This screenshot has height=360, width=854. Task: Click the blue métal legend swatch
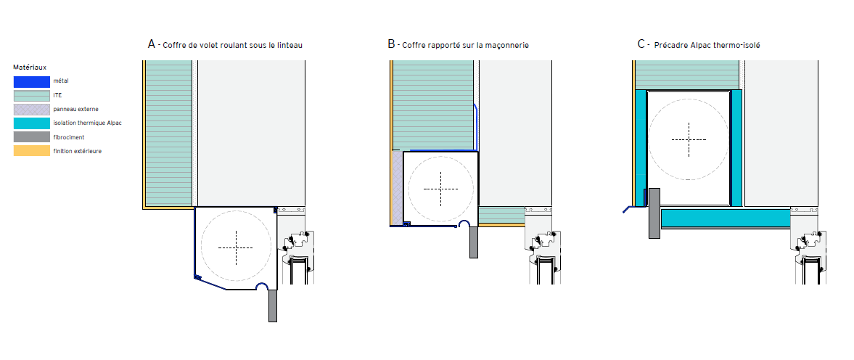32,81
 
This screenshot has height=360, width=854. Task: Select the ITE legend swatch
32,95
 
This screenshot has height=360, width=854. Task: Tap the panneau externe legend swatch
32,110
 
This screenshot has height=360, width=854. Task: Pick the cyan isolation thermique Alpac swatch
32,123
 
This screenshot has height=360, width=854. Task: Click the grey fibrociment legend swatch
32,137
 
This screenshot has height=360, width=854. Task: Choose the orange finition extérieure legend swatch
32,151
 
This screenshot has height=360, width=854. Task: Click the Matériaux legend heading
30,67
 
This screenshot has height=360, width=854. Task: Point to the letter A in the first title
152,44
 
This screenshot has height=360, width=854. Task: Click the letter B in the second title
391,44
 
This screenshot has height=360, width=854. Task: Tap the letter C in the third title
641,44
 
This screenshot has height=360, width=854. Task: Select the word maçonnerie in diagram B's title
510,46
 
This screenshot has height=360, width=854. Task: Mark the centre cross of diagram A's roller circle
236,247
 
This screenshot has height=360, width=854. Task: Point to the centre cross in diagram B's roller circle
441,189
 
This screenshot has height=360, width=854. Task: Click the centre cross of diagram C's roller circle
689,139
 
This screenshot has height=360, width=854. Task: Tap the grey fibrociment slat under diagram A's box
273,306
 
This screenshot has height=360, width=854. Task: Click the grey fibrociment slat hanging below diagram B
473,242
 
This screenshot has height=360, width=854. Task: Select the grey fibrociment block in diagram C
654,213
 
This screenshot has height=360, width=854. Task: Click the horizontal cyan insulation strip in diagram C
726,218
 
